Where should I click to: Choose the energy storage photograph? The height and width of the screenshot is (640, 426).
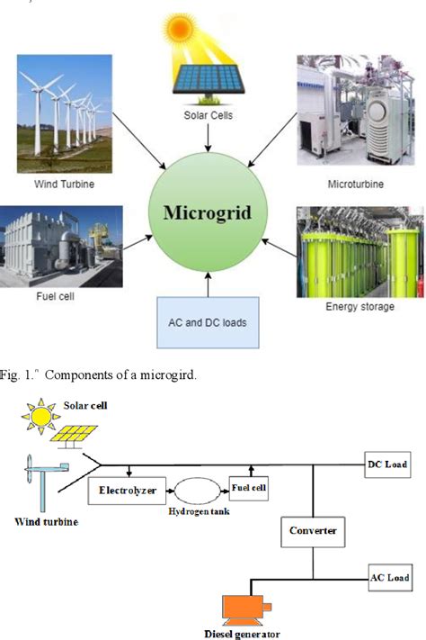click(x=347, y=251)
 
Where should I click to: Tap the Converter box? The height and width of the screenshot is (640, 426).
click(x=312, y=530)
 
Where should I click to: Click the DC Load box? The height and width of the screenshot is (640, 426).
click(x=387, y=464)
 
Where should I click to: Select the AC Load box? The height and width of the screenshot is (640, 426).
click(x=389, y=576)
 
